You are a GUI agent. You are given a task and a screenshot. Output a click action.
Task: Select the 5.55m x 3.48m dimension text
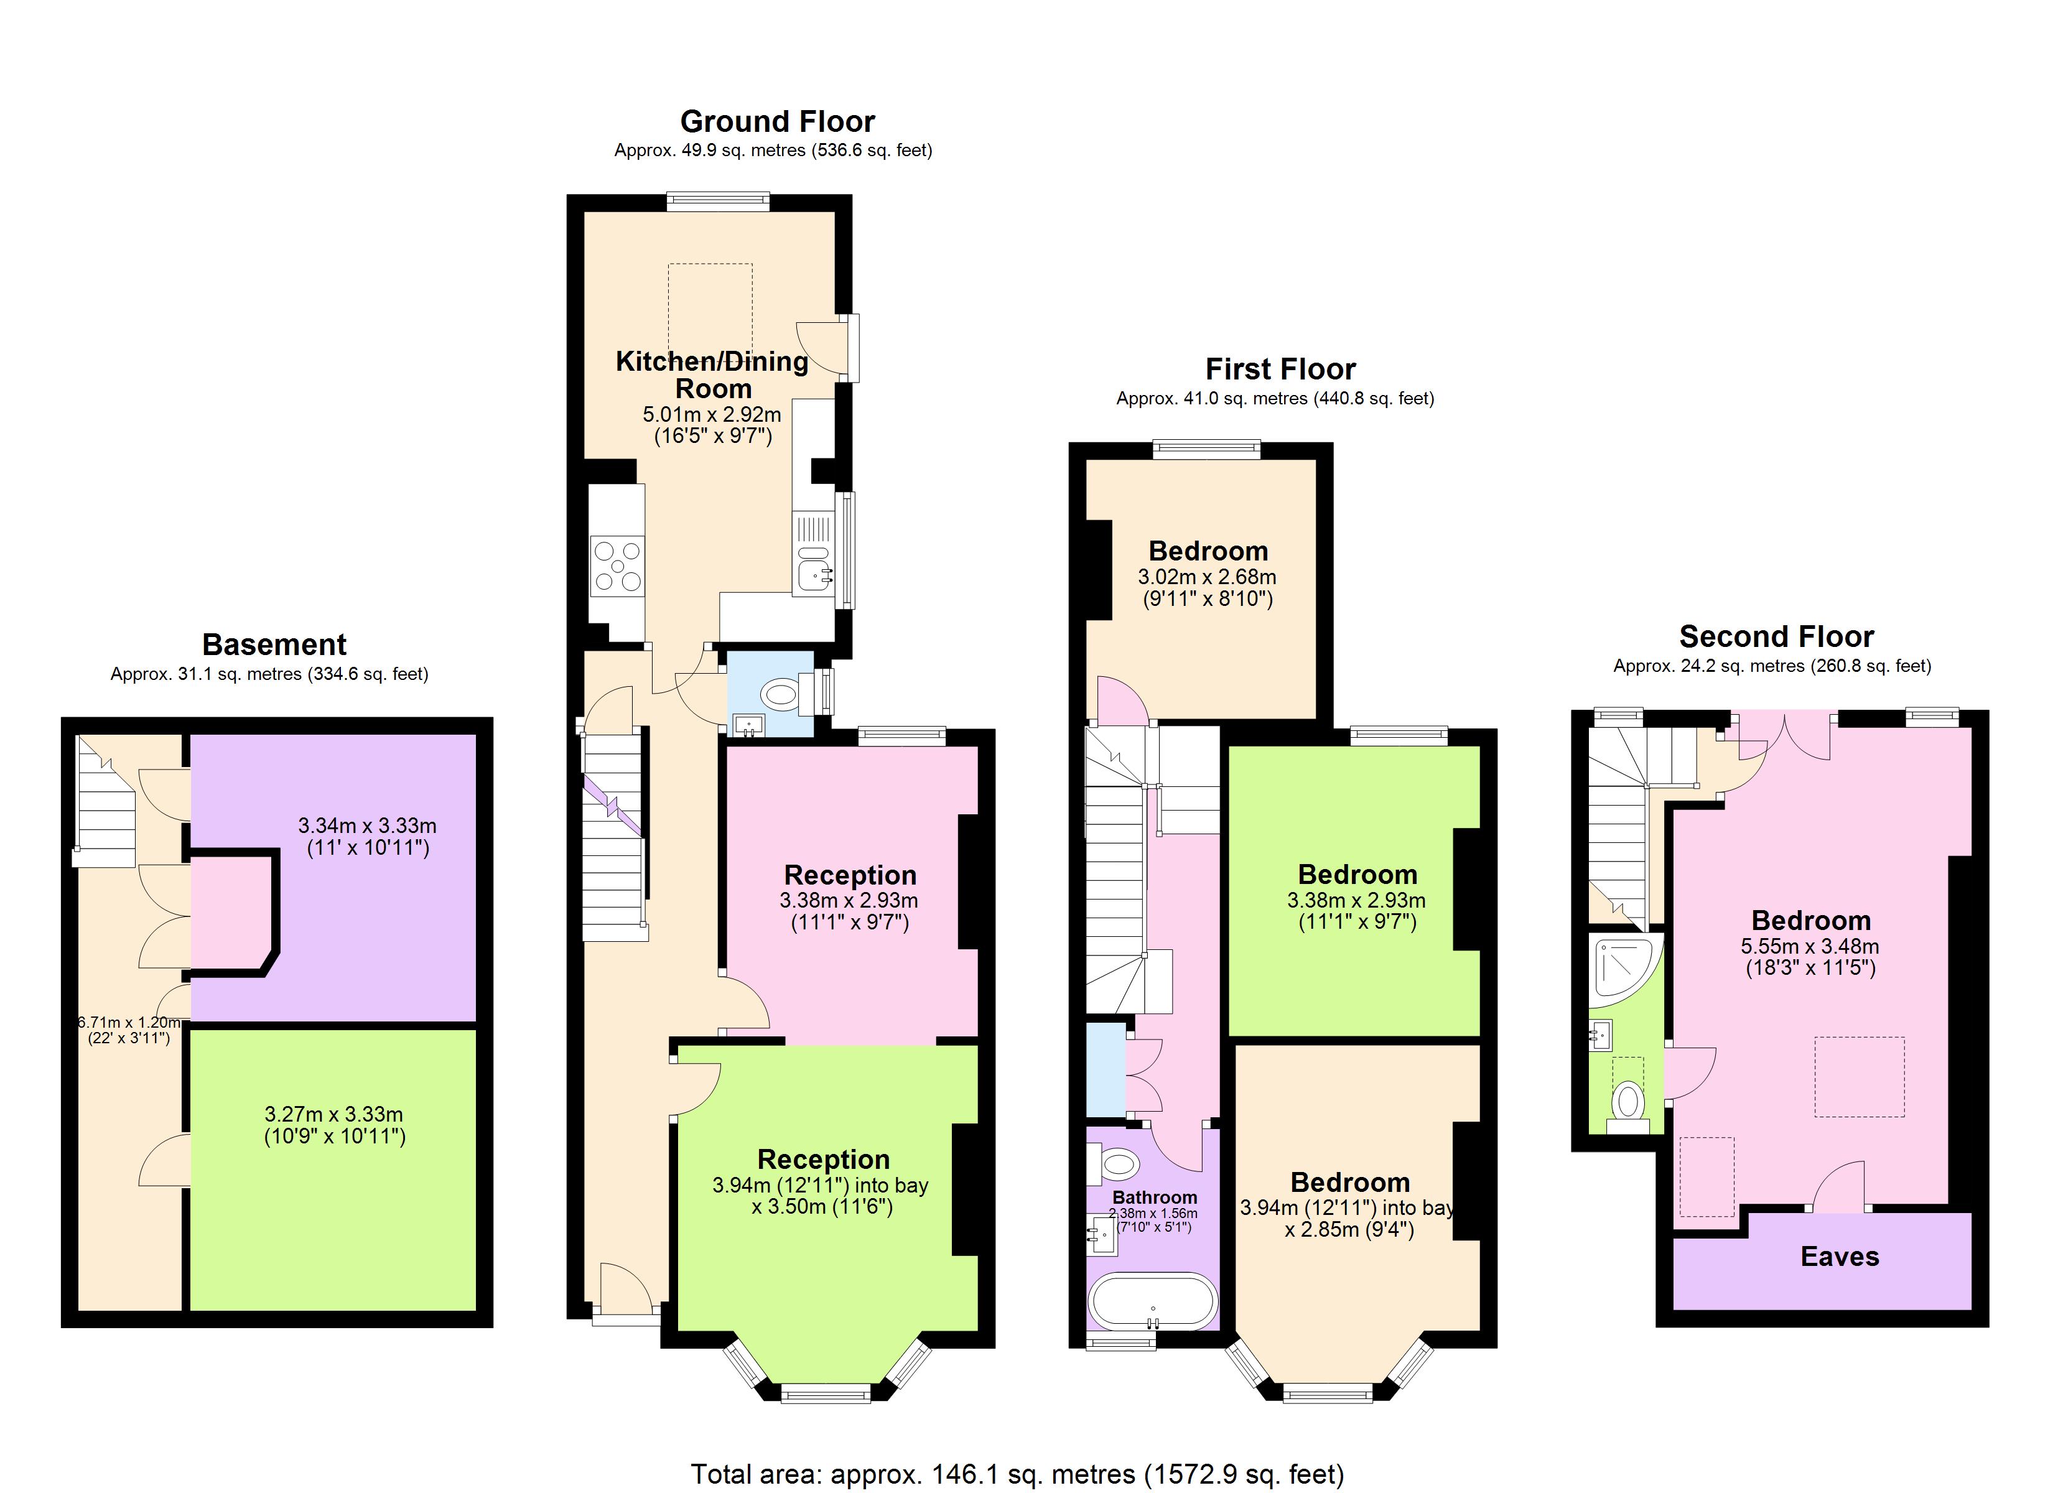1810,947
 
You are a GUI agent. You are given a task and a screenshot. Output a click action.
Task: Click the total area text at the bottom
1017,1474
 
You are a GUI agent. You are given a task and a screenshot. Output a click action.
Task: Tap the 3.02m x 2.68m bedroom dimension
1207,577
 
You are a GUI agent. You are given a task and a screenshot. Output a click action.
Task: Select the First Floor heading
1279,370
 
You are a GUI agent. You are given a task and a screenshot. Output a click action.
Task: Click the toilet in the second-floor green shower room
1627,1102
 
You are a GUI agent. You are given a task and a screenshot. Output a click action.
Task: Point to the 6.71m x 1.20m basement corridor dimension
129,1022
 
